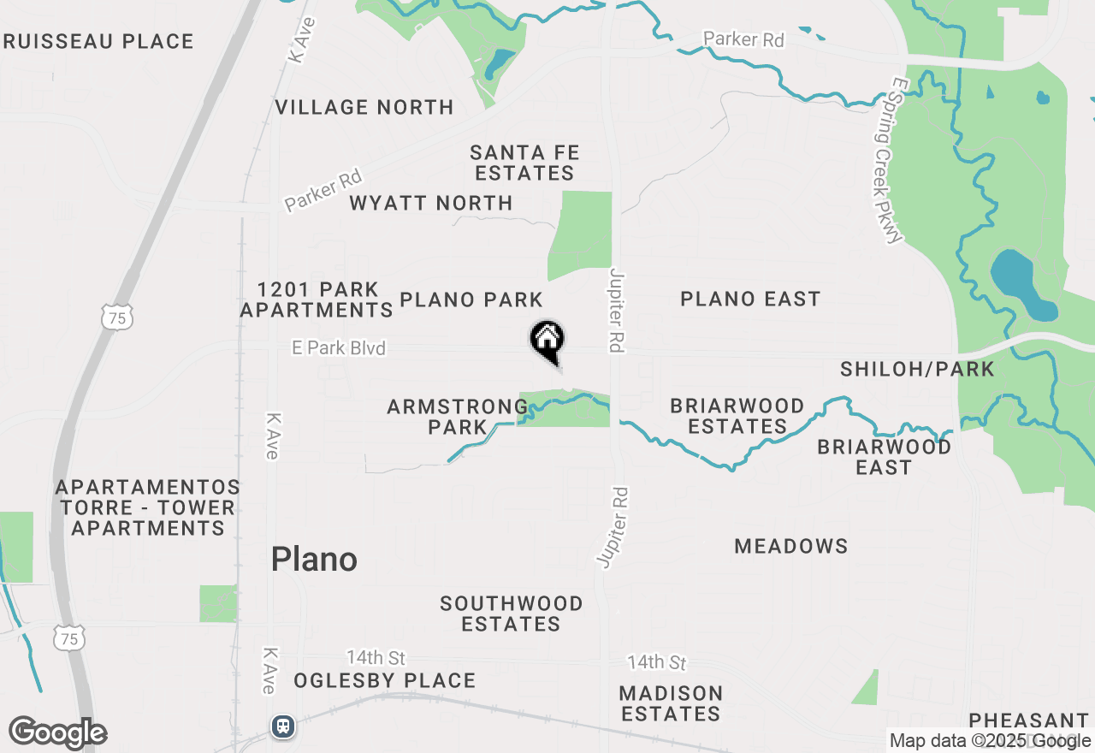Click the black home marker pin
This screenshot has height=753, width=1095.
coord(547,341)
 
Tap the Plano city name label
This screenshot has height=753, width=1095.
coord(314,560)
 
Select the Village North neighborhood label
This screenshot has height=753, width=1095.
coord(364,108)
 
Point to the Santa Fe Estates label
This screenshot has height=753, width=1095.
coord(524,163)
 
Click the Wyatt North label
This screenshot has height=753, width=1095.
coord(431,204)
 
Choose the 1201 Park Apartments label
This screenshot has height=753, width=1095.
coord(317,299)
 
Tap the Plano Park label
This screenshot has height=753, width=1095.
coord(471,299)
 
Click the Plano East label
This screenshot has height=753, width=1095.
coord(750,299)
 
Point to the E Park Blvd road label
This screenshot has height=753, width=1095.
coord(339,348)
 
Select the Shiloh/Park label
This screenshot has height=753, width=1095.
coord(917,369)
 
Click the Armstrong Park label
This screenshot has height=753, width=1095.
coord(458,417)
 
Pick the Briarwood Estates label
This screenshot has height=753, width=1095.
coord(737,416)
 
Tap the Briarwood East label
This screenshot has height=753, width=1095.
coord(885,457)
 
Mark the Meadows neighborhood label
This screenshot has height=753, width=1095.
coord(791,546)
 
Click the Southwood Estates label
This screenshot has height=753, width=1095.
coord(512,614)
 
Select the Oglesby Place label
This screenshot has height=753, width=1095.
coord(385,681)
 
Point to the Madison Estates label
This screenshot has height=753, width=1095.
coord(672,703)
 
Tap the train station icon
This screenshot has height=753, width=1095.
coord(283,726)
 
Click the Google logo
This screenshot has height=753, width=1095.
coord(58,733)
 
